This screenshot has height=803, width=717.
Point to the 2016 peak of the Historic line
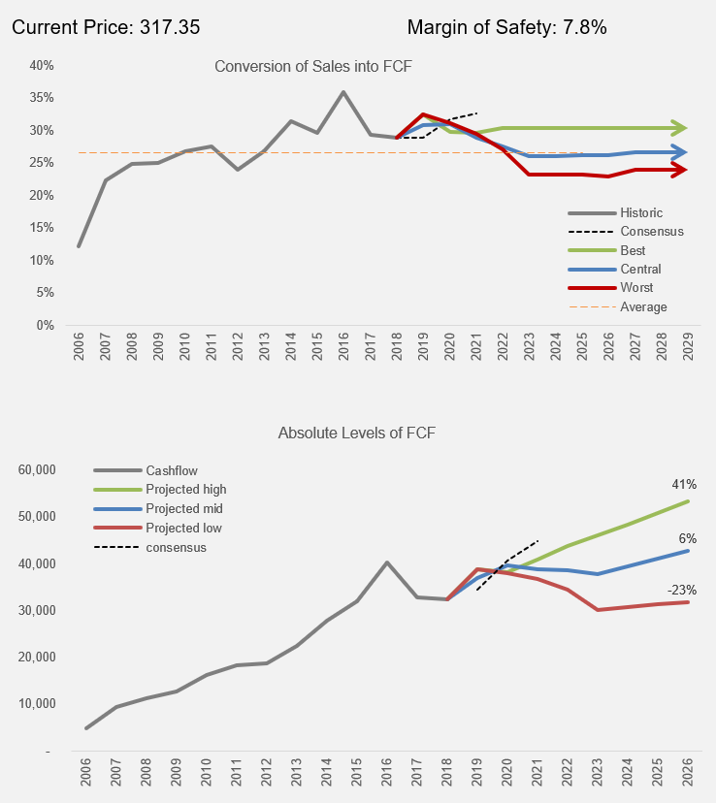pyautogui.click(x=343, y=92)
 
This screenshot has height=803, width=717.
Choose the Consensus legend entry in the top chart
pyautogui.click(x=651, y=231)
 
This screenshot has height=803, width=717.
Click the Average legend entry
pyautogui.click(x=643, y=306)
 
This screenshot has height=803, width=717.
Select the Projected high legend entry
pyautogui.click(x=185, y=489)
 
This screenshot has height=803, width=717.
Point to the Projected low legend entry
pyautogui.click(x=183, y=528)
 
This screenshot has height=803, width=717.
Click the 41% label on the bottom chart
pyautogui.click(x=683, y=484)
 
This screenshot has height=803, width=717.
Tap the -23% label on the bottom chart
pyautogui.click(x=681, y=589)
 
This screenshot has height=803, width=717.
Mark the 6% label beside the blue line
pyautogui.click(x=686, y=538)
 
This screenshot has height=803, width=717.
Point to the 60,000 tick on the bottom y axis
pyautogui.click(x=38, y=469)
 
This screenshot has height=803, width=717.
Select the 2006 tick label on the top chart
pyautogui.click(x=79, y=349)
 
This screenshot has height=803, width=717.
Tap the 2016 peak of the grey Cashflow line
pyautogui.click(x=387, y=562)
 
